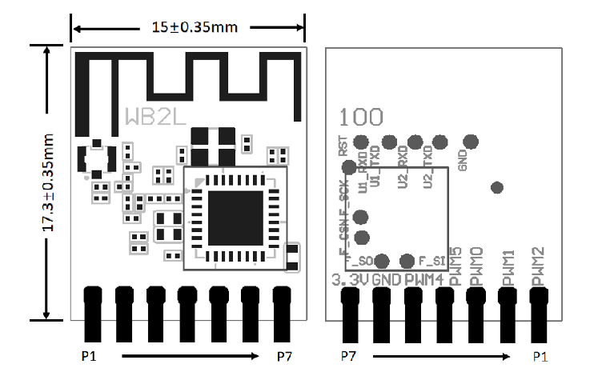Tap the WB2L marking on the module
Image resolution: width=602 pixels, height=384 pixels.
point(155,117)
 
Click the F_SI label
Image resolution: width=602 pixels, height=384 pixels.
point(431,261)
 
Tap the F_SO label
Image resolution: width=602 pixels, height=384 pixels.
point(359,261)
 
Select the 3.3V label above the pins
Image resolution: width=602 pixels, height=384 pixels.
point(350,280)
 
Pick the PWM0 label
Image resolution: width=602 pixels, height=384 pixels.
point(477,266)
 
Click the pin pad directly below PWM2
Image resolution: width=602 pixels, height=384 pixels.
point(539,308)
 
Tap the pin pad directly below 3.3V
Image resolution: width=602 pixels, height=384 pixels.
point(351,308)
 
